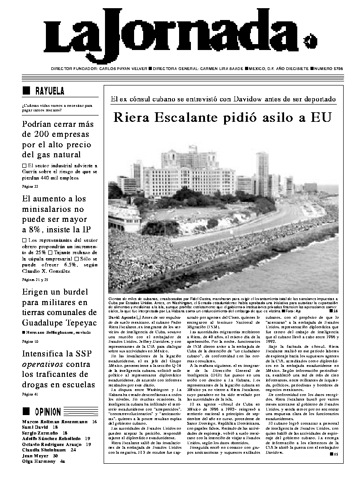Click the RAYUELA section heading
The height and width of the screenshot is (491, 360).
pos(50,90)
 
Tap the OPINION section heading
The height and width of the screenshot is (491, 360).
pos(48,412)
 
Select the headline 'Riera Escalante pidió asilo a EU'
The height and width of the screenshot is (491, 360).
pos(223,118)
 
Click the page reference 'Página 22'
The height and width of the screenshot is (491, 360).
pos(30,186)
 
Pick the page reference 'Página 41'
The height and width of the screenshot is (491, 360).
pos(30,394)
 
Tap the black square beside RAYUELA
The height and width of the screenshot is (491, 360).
pos(26,90)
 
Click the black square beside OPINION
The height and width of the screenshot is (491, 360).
pos(26,412)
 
